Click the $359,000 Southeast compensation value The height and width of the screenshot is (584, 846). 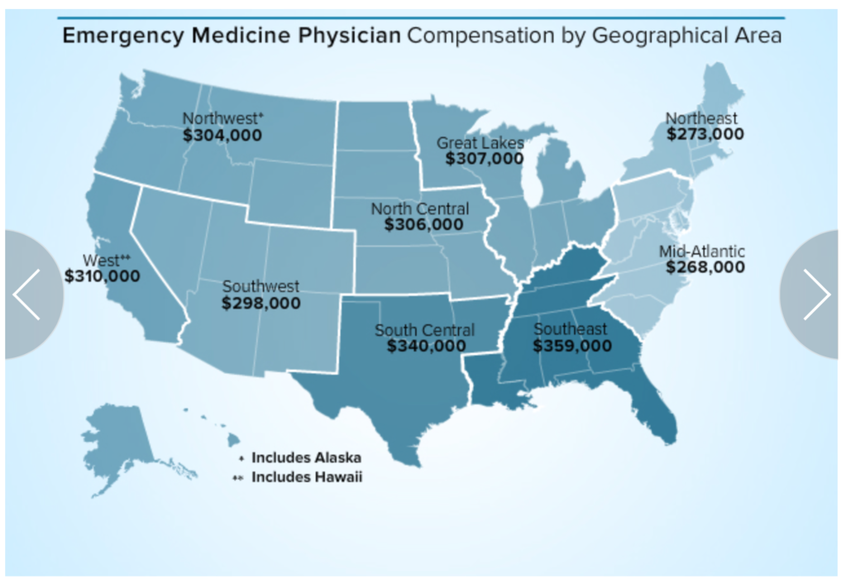pyautogui.click(x=572, y=346)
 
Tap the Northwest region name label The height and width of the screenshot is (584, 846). pyautogui.click(x=218, y=118)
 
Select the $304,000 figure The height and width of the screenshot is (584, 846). pyautogui.click(x=222, y=135)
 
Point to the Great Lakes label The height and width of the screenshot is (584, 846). pyautogui.click(x=480, y=143)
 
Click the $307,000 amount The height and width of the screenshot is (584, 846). pyautogui.click(x=485, y=159)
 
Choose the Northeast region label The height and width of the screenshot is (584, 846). pyautogui.click(x=701, y=118)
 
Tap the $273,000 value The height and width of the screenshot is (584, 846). pyautogui.click(x=705, y=134)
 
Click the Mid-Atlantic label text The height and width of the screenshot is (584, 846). pyautogui.click(x=702, y=251)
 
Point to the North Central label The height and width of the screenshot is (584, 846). pyautogui.click(x=419, y=208)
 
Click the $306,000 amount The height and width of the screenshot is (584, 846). pyautogui.click(x=423, y=224)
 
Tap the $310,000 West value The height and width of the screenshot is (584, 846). pyautogui.click(x=103, y=275)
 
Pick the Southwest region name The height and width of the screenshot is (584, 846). pyautogui.click(x=260, y=286)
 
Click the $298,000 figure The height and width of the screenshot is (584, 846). pyautogui.click(x=261, y=303)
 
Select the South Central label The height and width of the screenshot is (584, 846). pyautogui.click(x=424, y=330)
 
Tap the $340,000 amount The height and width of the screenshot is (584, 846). pyautogui.click(x=427, y=346)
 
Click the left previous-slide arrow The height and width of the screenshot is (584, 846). pyautogui.click(x=27, y=294)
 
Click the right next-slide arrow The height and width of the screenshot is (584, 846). pyautogui.click(x=815, y=294)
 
